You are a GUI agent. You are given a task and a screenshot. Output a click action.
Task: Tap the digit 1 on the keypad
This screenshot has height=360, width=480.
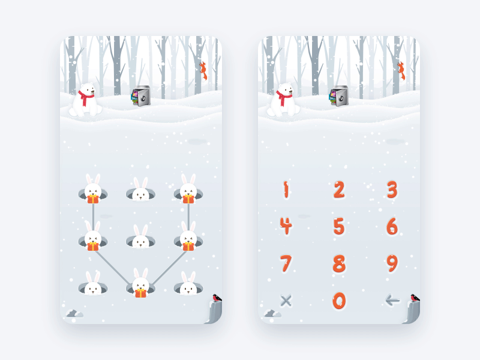click(x=286, y=190)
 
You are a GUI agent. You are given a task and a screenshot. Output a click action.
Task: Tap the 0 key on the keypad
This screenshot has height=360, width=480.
click(x=339, y=300)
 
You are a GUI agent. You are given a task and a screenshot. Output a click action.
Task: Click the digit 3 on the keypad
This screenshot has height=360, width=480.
click(x=392, y=190)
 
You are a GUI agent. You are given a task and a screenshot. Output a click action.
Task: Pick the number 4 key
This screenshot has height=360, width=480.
click(x=286, y=226)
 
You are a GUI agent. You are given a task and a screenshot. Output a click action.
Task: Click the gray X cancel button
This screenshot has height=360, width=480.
click(x=286, y=300)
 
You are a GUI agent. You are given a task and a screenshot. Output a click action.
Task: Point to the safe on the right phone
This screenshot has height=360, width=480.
click(x=339, y=97)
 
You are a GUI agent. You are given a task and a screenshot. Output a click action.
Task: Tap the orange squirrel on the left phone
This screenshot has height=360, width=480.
click(x=203, y=70)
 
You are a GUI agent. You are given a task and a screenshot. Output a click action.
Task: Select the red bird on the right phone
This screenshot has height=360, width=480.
click(x=414, y=298)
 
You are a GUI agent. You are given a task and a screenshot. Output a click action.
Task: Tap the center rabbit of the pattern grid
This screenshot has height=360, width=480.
click(x=140, y=238)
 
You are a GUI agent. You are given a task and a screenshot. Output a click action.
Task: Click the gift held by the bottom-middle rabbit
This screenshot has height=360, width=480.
click(x=140, y=293)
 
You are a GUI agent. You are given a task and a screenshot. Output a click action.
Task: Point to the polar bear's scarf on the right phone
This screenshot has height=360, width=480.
click(x=284, y=96)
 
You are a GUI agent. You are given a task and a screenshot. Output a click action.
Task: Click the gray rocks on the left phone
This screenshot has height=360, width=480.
click(x=74, y=313)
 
